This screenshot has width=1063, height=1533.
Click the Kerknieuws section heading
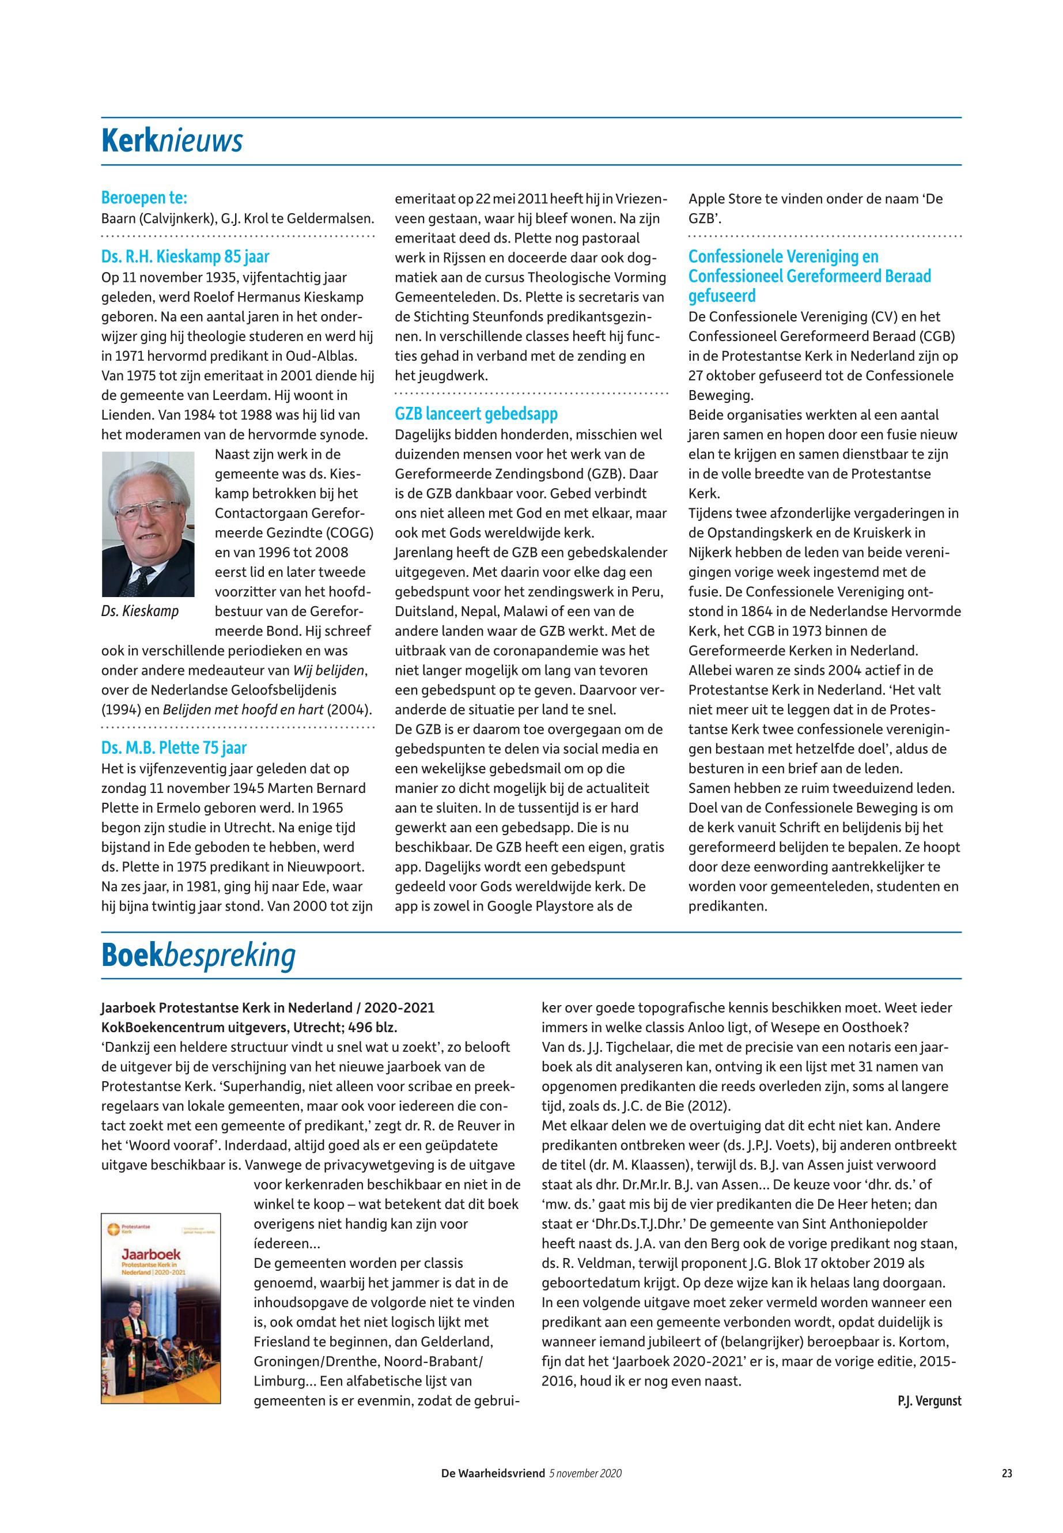(x=172, y=141)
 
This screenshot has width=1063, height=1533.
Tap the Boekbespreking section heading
(x=198, y=956)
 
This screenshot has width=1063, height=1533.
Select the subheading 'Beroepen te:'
(x=144, y=198)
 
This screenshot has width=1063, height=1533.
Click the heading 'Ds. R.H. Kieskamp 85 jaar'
(x=185, y=256)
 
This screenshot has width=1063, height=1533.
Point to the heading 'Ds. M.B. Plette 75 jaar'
(x=174, y=748)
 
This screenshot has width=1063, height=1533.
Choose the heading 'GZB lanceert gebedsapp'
(x=476, y=414)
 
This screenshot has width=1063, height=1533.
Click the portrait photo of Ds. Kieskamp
(x=148, y=524)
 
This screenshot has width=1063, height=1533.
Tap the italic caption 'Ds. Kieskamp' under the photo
(x=140, y=611)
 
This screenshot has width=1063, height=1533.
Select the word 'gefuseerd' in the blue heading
(x=722, y=296)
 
